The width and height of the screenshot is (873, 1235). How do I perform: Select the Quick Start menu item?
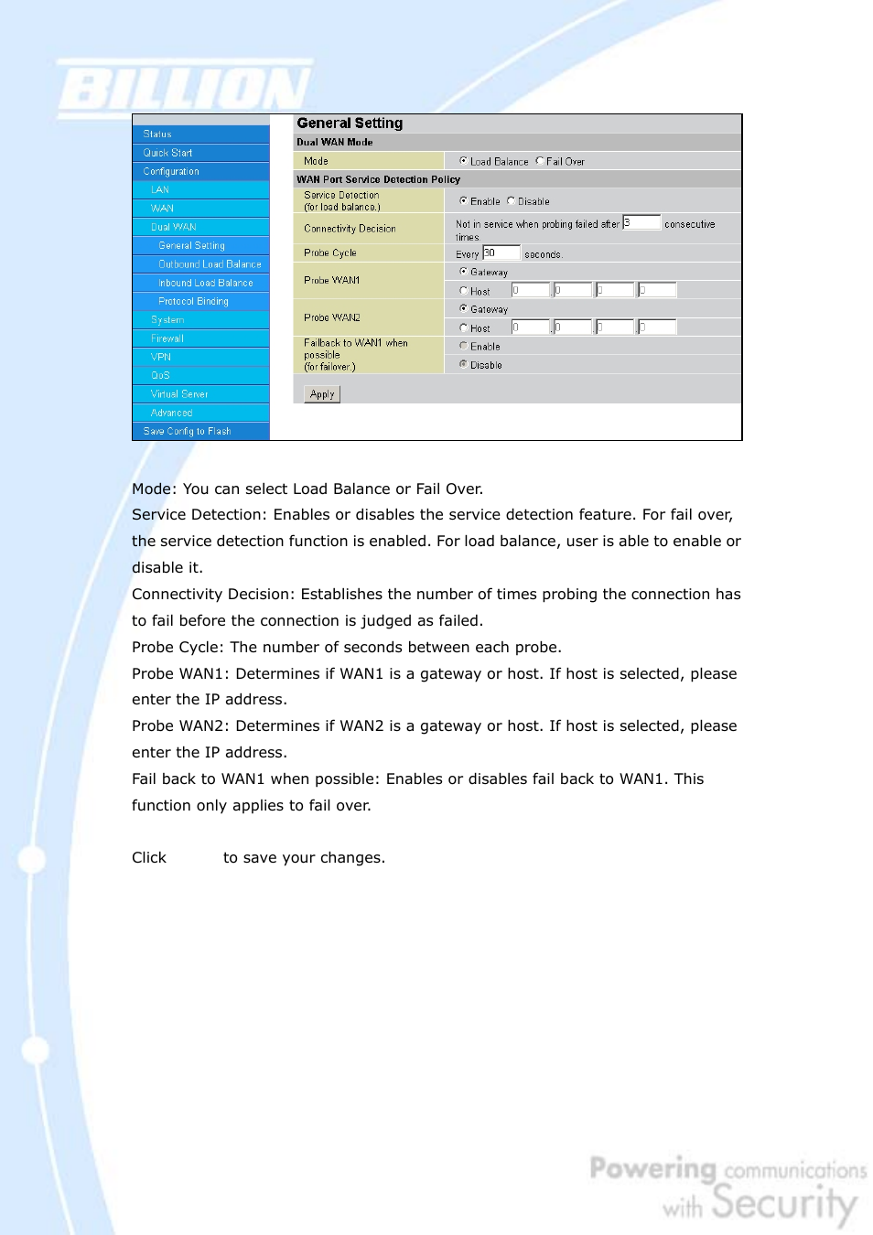click(x=168, y=153)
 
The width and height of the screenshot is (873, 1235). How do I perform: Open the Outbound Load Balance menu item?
click(x=210, y=264)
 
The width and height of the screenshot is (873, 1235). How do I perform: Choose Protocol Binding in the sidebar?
click(x=193, y=301)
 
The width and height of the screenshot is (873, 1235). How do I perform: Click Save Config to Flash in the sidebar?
click(x=187, y=431)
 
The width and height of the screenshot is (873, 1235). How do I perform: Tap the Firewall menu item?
click(x=167, y=338)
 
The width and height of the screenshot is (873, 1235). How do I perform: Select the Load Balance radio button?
click(x=464, y=161)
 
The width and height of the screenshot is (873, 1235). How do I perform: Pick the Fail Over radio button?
click(x=540, y=161)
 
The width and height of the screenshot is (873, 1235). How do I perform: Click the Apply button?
click(x=322, y=394)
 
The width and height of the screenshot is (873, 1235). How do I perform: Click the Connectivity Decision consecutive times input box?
click(x=641, y=222)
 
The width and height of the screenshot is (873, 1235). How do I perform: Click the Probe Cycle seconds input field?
click(x=501, y=252)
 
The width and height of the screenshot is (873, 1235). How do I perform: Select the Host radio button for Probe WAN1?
click(x=464, y=291)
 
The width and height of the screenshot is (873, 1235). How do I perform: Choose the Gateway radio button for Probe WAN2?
click(x=464, y=309)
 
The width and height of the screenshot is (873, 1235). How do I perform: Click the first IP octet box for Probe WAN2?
click(x=530, y=327)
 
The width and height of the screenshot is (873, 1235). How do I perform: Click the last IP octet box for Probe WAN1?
click(x=657, y=290)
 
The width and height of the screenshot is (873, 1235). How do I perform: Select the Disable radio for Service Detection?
click(x=512, y=201)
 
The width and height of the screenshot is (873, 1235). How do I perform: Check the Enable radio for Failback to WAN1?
click(x=464, y=346)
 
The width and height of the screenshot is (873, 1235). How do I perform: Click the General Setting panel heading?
click(x=350, y=123)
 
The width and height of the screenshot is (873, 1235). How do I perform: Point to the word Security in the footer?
click(x=784, y=1203)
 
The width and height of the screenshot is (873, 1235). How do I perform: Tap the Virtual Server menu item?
click(x=179, y=394)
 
